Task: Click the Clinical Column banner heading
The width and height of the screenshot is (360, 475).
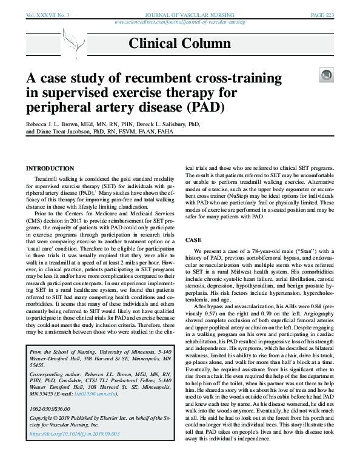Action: pyautogui.click(x=179, y=43)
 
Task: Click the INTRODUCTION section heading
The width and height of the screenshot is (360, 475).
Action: pyautogui.click(x=50, y=167)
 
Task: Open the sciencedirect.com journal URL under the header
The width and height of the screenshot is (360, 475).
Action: pyautogui.click(x=179, y=21)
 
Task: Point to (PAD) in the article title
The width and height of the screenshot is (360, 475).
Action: pyautogui.click(x=205, y=108)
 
